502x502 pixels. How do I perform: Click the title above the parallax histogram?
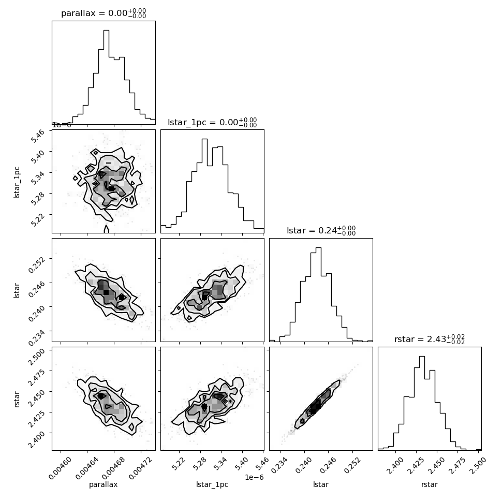tap(104, 13)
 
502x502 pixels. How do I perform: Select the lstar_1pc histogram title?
tap(212, 122)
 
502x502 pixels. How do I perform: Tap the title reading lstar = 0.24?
tap(321, 230)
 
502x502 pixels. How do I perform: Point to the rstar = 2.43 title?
tap(430, 339)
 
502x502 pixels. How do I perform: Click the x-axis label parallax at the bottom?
tap(103, 485)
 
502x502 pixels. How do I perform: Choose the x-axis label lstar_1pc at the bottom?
tap(212, 485)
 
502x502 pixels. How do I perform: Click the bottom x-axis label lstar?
tap(321, 484)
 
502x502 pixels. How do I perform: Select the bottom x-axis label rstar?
tap(430, 485)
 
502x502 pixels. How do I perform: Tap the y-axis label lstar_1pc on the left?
tap(17, 183)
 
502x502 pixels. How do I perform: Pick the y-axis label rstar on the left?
tap(17, 399)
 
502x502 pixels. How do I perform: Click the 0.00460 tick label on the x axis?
tap(61, 468)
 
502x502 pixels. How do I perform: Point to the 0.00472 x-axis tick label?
tap(141, 468)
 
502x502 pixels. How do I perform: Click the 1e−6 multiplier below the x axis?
tap(254, 477)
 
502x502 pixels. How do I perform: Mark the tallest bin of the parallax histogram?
tap(106, 77)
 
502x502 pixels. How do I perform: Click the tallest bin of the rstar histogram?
tap(422, 403)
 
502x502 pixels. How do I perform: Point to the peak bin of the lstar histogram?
tap(318, 294)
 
